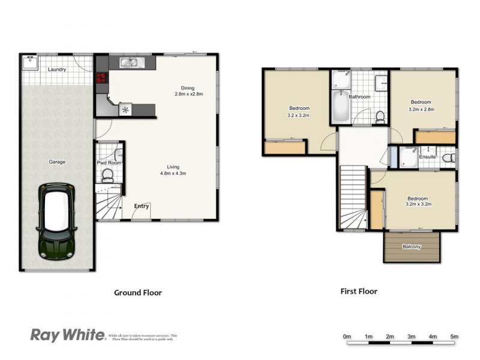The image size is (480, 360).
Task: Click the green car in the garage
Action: pyautogui.click(x=58, y=221)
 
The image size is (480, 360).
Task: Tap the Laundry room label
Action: pyautogui.click(x=57, y=70)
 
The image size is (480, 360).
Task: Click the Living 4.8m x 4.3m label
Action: pyautogui.click(x=173, y=170)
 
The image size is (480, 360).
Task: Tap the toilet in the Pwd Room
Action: pyautogui.click(x=108, y=175)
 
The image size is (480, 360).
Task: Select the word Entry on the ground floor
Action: pyautogui.click(x=141, y=206)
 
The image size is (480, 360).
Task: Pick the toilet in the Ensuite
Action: pyautogui.click(x=447, y=158)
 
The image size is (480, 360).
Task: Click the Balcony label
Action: pyautogui.click(x=412, y=247)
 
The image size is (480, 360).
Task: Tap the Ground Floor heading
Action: pyautogui.click(x=138, y=293)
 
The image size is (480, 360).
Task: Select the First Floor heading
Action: pyautogui.click(x=359, y=292)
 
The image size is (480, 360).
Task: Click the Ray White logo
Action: pyautogui.click(x=68, y=335)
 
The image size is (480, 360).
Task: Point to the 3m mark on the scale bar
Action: pyautogui.click(x=412, y=337)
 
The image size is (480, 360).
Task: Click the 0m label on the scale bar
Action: pyautogui.click(x=347, y=337)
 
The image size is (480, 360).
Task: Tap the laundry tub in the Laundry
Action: pyautogui.click(x=31, y=62)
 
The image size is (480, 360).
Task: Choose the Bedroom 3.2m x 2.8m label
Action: pyautogui.click(x=421, y=106)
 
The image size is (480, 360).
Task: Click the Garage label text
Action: pyautogui.click(x=57, y=162)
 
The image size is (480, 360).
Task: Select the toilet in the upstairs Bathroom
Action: pyautogui.click(x=379, y=115)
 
